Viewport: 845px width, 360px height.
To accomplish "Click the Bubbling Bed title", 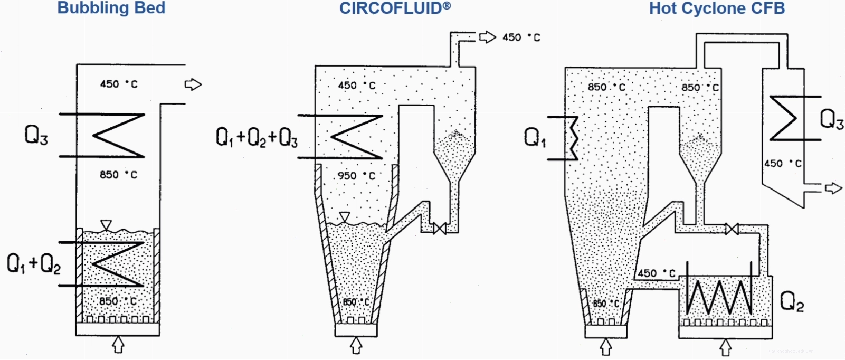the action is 111,8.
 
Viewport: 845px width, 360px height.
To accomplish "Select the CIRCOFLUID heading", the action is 395,8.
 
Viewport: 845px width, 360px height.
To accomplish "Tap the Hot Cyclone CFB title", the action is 717,8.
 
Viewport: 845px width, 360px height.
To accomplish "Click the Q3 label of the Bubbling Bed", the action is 36,135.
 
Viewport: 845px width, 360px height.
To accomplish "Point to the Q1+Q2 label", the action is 34,263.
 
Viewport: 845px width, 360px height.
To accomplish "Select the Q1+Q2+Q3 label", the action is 257,137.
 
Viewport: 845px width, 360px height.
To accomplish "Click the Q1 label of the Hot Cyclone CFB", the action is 535,137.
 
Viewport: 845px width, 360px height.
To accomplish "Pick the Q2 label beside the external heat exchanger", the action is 792,301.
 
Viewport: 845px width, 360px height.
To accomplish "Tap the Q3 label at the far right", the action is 831,119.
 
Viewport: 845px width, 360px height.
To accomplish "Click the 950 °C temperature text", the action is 356,176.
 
